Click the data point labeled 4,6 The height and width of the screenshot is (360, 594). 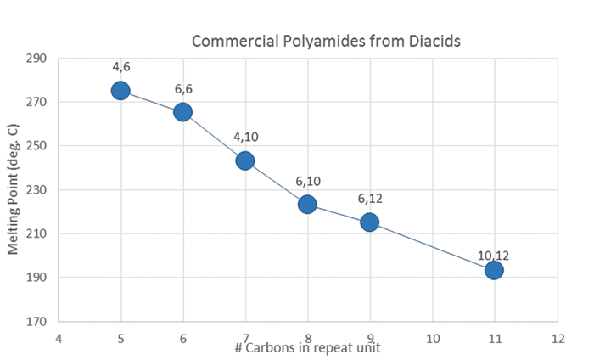point(120,90)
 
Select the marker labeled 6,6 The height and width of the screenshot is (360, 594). point(182,112)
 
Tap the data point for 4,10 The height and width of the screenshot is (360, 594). point(245,160)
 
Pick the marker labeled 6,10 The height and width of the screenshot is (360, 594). point(307,204)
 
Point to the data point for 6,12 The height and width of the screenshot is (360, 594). point(369,222)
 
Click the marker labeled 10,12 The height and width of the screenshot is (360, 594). point(494,270)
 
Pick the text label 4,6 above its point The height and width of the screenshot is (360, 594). point(120,66)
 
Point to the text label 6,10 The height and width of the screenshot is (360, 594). point(306,181)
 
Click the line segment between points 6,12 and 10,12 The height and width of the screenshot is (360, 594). point(431,246)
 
